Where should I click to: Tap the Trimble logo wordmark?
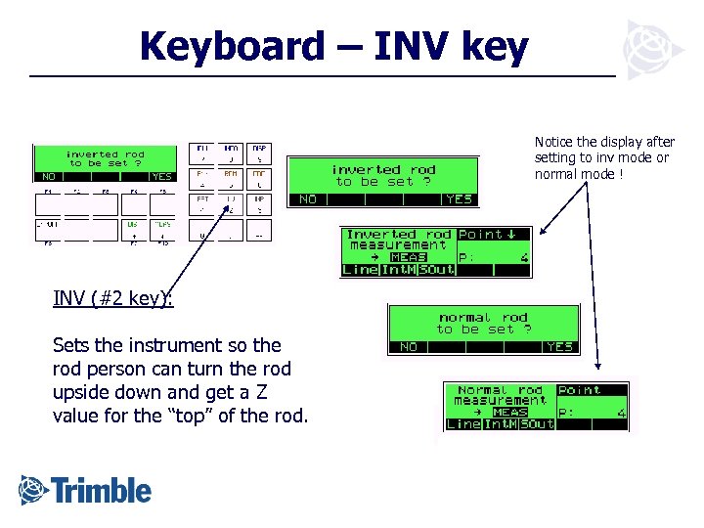click(102, 489)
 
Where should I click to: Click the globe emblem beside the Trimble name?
click(32, 488)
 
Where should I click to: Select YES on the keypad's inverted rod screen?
click(162, 177)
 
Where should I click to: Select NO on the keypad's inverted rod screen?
click(48, 177)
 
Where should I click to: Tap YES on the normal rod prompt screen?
click(560, 346)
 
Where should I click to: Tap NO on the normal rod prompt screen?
click(409, 346)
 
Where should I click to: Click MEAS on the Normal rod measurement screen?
click(510, 412)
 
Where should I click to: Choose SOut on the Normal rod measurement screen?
click(538, 424)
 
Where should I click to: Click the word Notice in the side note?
click(553, 143)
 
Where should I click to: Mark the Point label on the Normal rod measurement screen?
click(579, 390)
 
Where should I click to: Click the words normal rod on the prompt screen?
click(483, 318)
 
